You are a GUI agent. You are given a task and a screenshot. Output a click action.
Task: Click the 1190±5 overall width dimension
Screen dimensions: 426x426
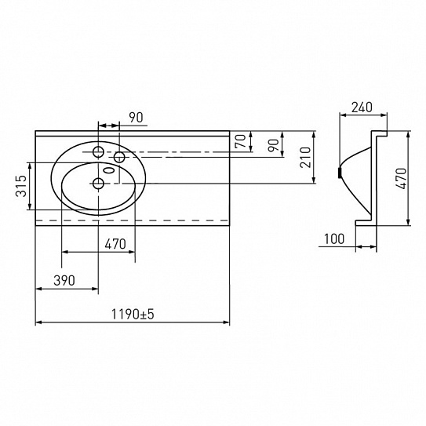(131, 314)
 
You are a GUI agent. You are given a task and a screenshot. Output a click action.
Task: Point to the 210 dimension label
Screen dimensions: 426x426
(307, 157)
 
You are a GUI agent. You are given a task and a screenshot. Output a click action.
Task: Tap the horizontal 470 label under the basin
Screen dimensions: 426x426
(115, 244)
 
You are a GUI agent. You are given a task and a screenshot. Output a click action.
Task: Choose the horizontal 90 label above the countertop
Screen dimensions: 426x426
(136, 117)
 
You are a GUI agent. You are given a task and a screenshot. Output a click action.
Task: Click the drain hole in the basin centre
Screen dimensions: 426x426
(99, 184)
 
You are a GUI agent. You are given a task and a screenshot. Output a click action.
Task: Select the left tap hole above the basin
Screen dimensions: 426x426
(99, 151)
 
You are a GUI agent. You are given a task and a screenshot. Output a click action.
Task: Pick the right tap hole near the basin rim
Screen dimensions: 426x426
(120, 158)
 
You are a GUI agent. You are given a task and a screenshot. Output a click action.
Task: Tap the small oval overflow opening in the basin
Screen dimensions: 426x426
(107, 169)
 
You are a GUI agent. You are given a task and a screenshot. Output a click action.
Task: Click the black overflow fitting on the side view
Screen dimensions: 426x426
(339, 172)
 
